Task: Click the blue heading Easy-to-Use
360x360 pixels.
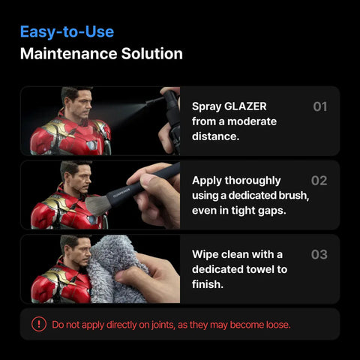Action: tap(67, 32)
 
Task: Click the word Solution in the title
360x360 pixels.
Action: tap(152, 53)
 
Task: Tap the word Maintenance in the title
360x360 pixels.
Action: tap(69, 53)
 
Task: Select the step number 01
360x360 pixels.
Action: tap(320, 106)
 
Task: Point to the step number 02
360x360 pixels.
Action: tap(319, 181)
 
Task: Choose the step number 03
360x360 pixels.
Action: tap(319, 254)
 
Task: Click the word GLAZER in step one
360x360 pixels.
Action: tap(245, 106)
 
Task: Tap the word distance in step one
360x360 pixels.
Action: tap(215, 136)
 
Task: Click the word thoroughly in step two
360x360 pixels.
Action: tap(253, 181)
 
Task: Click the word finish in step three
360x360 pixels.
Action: tap(208, 284)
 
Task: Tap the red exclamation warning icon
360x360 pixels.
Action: tap(39, 324)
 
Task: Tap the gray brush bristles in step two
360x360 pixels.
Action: tap(97, 205)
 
